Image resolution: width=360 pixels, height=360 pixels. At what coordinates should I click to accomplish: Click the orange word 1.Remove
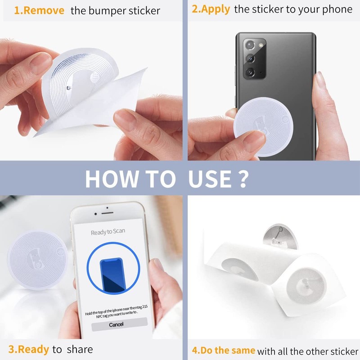(x=39, y=10)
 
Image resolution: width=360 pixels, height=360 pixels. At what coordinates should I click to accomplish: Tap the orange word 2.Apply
(x=211, y=9)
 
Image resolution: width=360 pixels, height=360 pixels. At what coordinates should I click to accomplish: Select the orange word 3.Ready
(x=29, y=350)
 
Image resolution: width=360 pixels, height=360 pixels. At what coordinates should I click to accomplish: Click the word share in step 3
(x=80, y=349)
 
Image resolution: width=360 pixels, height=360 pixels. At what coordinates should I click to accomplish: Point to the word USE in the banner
(x=210, y=179)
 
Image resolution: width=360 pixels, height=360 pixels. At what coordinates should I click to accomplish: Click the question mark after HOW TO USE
(x=243, y=179)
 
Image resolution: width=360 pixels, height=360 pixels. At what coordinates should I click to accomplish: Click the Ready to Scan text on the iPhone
(x=108, y=232)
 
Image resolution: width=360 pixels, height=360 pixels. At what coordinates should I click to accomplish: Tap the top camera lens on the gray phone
(x=250, y=45)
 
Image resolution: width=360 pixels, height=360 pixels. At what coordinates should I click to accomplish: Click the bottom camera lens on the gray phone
(x=250, y=72)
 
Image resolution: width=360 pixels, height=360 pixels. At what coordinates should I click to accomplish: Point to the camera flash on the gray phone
(x=261, y=45)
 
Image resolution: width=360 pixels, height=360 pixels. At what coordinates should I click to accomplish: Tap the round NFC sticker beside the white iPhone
(x=38, y=260)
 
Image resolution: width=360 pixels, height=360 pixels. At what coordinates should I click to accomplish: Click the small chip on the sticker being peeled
(x=68, y=88)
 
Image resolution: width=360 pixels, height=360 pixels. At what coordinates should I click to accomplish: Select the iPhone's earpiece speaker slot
(x=107, y=213)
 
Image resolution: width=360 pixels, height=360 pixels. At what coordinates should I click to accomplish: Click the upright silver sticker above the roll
(x=280, y=237)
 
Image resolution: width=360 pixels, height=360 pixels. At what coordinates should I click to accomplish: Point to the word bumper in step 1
(x=107, y=11)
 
